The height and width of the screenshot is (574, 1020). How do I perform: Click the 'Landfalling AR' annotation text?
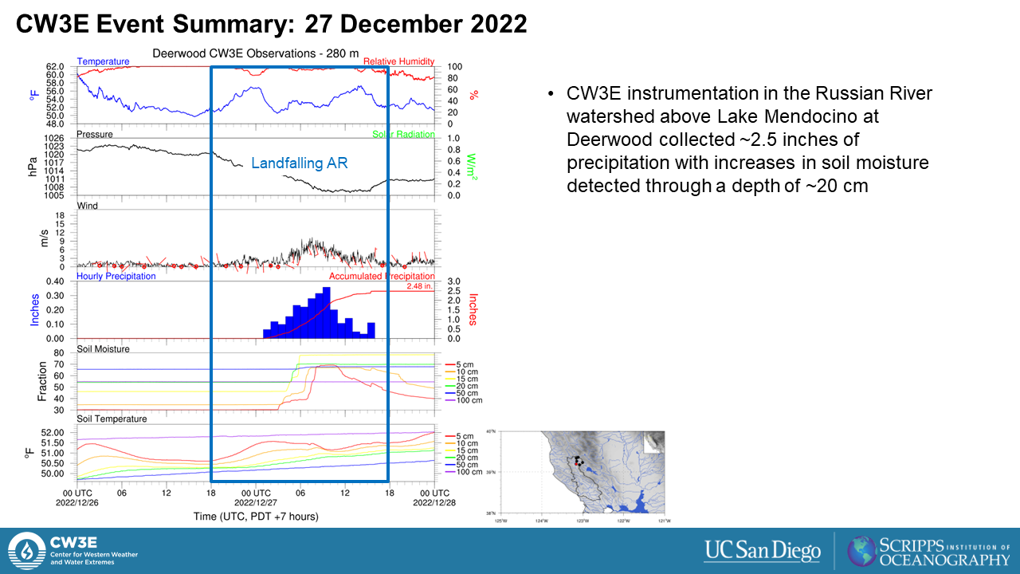pyautogui.click(x=300, y=163)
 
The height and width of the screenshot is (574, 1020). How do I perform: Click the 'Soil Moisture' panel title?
pyautogui.click(x=103, y=349)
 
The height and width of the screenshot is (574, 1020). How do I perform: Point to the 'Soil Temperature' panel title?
pyautogui.click(x=112, y=419)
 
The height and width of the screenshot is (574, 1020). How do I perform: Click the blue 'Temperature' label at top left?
pyautogui.click(x=103, y=61)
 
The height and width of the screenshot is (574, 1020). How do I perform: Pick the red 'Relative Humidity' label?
pyautogui.click(x=398, y=61)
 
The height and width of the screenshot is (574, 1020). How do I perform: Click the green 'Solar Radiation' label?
pyautogui.click(x=403, y=135)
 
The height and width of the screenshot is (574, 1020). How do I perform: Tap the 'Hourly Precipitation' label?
pyautogui.click(x=116, y=277)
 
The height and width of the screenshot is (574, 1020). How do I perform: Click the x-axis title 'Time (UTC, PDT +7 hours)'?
pyautogui.click(x=256, y=517)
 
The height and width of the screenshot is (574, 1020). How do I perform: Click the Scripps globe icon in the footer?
pyautogui.click(x=861, y=551)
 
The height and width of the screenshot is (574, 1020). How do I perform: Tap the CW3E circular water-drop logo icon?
pyautogui.click(x=26, y=551)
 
